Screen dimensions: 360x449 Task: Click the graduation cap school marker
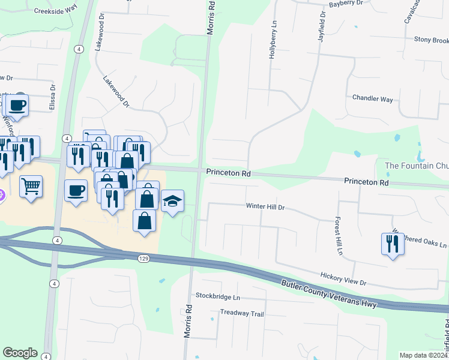172,201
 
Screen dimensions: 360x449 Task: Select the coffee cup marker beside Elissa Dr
17,106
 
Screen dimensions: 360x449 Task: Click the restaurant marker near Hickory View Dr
393,244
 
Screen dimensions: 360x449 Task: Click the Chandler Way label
372,98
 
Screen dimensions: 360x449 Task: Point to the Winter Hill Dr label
265,206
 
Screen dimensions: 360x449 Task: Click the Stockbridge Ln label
218,297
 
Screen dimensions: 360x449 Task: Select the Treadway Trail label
242,313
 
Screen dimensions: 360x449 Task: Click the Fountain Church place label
416,166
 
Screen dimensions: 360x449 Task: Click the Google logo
20,353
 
